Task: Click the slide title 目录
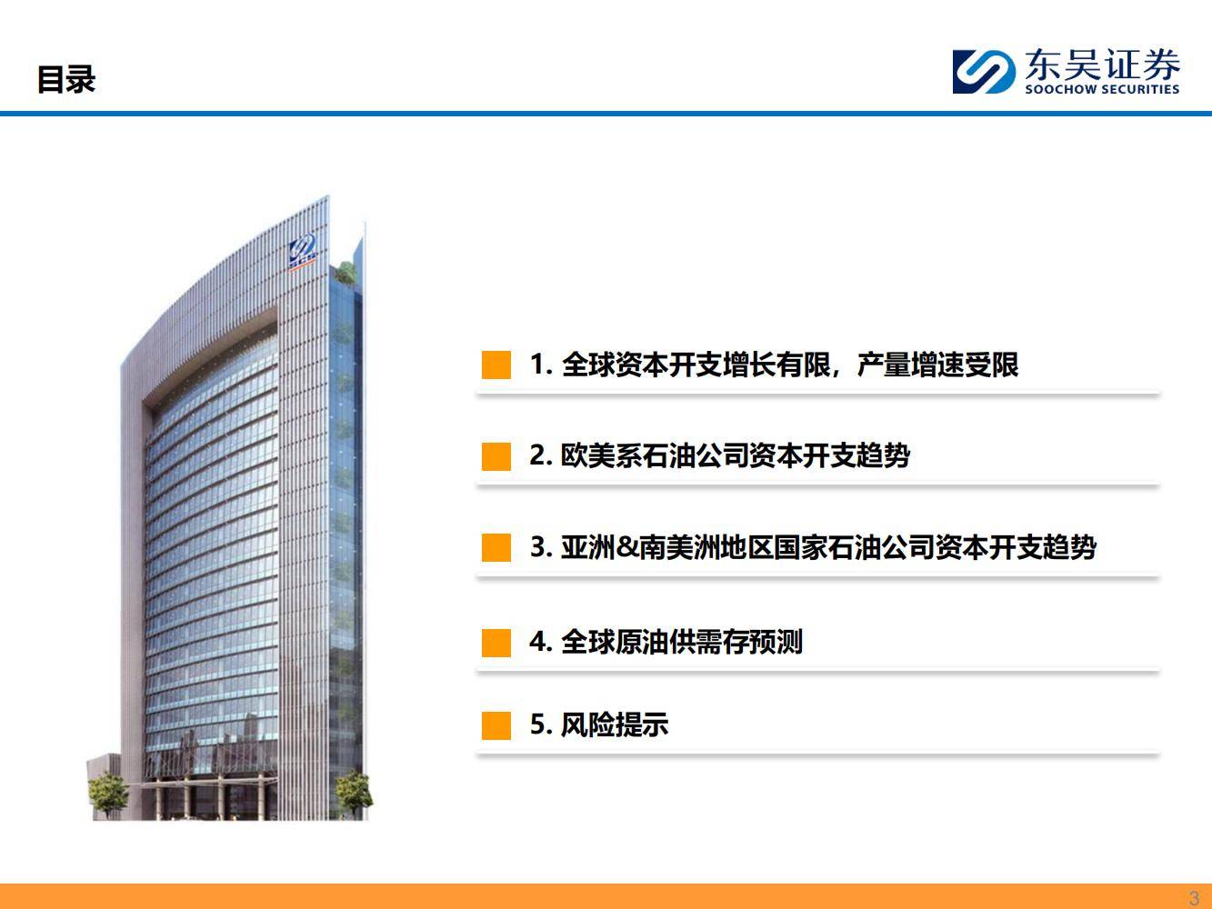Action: [x=66, y=79]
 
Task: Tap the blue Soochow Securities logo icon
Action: [x=984, y=72]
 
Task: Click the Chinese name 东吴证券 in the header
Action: [x=1102, y=65]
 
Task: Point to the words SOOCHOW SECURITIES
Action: [x=1102, y=89]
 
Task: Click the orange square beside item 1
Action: [x=496, y=365]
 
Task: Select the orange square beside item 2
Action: [x=496, y=456]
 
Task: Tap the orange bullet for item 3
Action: [x=496, y=547]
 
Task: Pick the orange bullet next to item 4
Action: [x=496, y=643]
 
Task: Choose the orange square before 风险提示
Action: [x=496, y=725]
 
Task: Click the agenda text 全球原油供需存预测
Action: [x=681, y=642]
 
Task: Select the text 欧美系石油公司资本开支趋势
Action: [x=735, y=456]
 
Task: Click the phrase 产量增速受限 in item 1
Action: [x=937, y=365]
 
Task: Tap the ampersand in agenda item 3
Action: [x=627, y=547]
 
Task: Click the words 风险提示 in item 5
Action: [x=614, y=724]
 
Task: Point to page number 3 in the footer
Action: [x=1195, y=898]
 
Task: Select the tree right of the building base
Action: [x=354, y=794]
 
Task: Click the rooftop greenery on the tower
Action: [x=346, y=272]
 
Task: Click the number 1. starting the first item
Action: [x=541, y=365]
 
